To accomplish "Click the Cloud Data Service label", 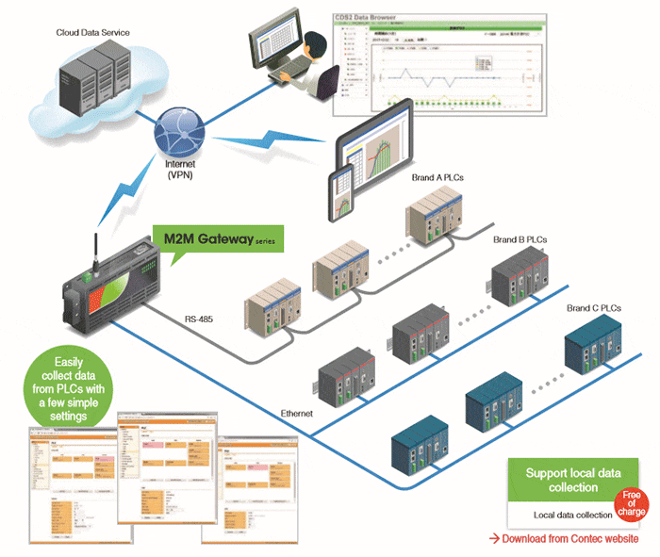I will (x=91, y=33).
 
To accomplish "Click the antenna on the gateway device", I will (x=97, y=234).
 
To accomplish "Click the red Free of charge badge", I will (x=633, y=504).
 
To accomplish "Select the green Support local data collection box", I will (x=560, y=481).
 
